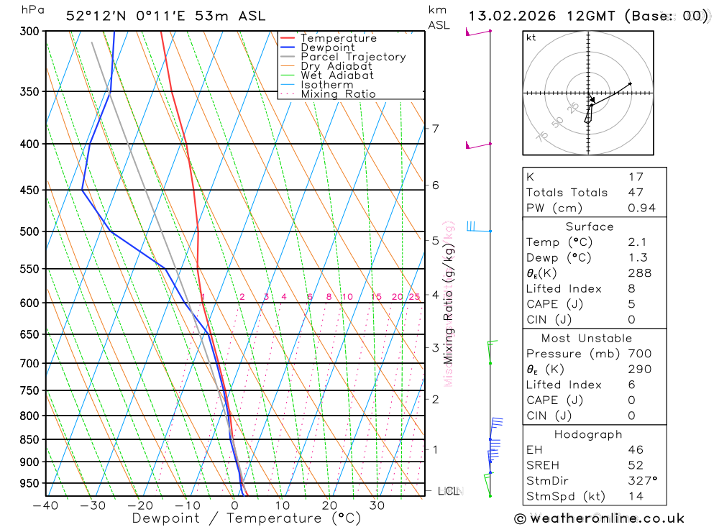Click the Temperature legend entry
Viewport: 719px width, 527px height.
tap(338, 38)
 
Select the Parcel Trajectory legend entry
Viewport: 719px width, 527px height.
tap(353, 57)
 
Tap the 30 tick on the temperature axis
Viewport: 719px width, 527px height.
tap(377, 505)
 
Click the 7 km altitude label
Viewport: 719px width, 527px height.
tap(435, 129)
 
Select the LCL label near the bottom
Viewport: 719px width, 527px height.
tap(448, 491)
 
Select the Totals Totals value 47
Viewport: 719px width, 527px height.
tap(636, 193)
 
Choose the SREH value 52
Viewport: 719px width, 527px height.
tap(636, 465)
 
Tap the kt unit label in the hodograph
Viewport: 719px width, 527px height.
tap(531, 37)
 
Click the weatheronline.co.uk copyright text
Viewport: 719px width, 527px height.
tap(600, 518)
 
